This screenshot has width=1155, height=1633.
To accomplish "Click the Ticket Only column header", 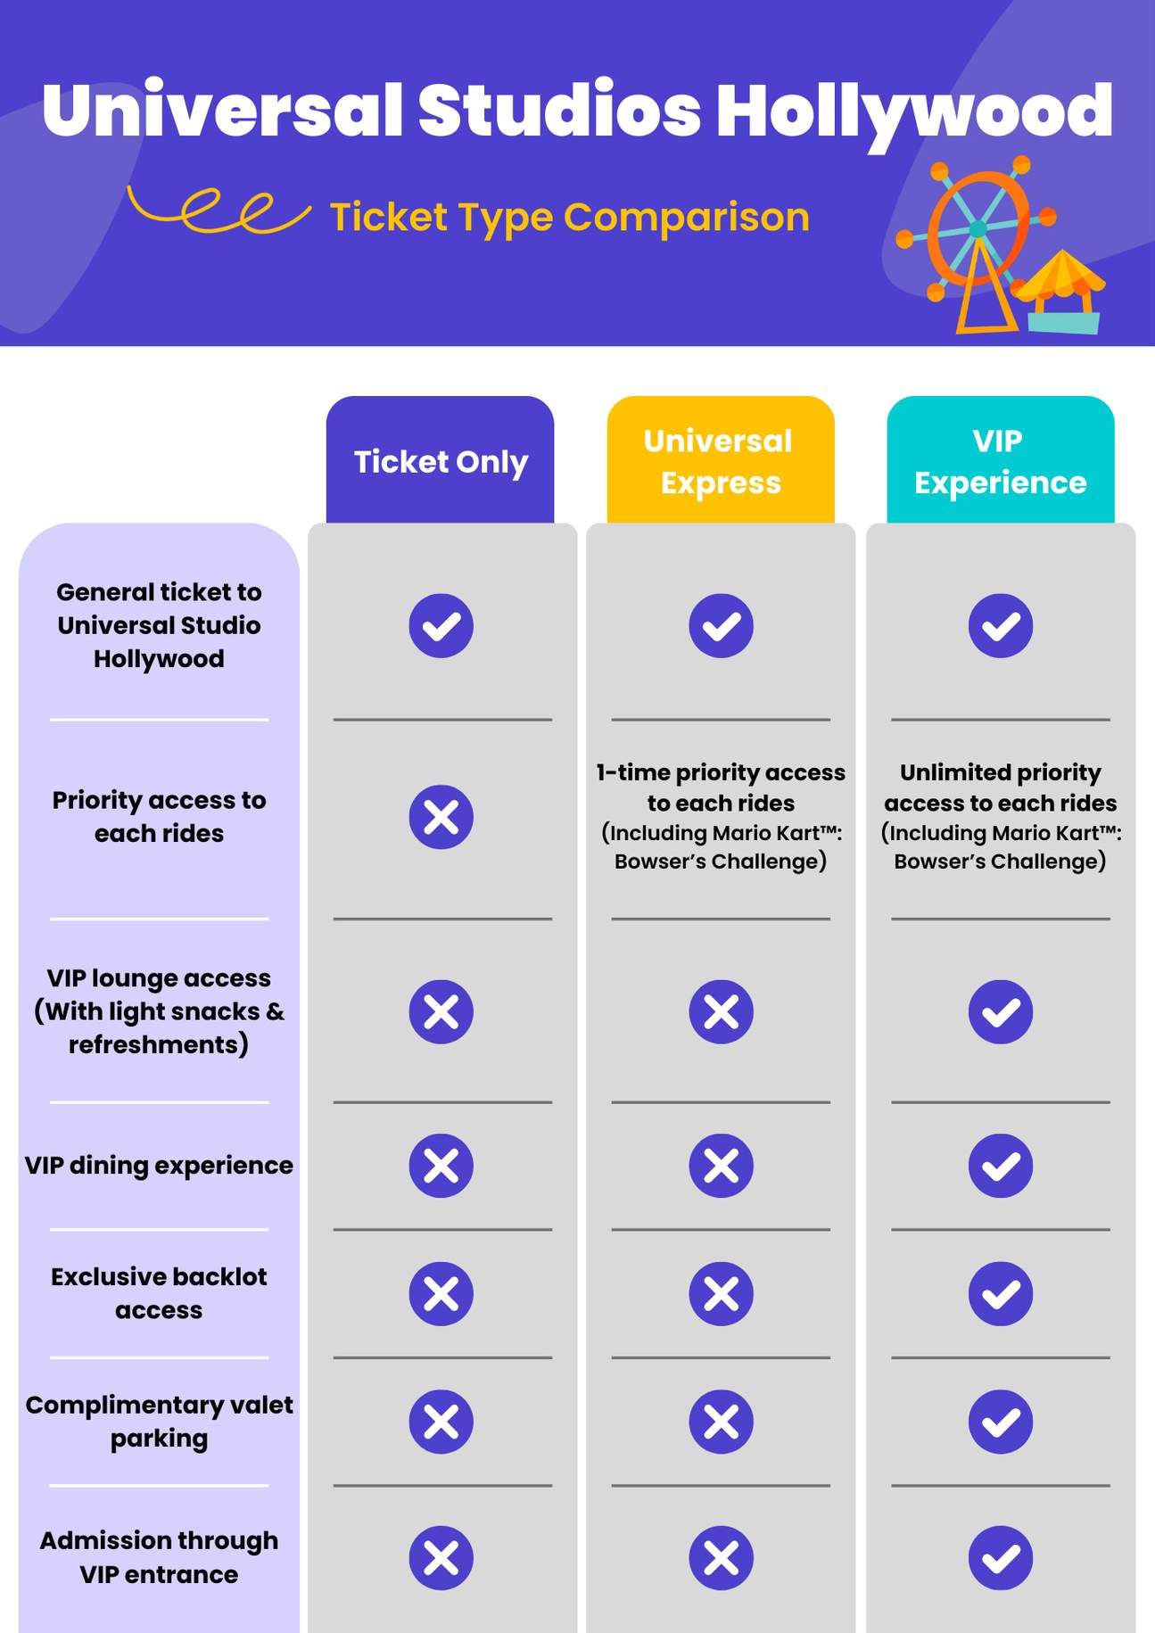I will (440, 461).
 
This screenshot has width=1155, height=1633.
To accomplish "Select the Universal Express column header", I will (720, 461).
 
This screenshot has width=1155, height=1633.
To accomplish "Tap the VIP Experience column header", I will (1000, 461).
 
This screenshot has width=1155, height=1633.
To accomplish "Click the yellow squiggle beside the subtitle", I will (219, 210).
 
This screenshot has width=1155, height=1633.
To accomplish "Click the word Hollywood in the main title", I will (913, 111).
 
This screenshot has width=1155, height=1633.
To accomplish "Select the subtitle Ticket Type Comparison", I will (569, 217).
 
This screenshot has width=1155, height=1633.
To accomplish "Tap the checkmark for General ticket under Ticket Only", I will (441, 625).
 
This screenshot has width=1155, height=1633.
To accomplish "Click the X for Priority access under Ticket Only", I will (441, 817).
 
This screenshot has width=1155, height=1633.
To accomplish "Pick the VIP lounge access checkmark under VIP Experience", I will (1000, 1011).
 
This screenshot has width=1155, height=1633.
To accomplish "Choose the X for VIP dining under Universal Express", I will (721, 1166).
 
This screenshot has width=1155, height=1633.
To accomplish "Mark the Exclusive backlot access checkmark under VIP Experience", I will (1000, 1293).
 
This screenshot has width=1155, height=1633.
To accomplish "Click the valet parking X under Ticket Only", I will (441, 1422).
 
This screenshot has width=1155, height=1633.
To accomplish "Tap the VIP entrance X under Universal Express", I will (721, 1558).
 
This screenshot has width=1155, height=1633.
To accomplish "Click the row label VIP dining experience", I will (159, 1166).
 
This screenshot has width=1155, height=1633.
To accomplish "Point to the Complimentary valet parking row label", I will (159, 1421).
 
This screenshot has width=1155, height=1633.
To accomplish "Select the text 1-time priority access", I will (721, 772).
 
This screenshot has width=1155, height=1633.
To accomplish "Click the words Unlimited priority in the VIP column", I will (1000, 772).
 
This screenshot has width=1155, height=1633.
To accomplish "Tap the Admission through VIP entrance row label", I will (159, 1557).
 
